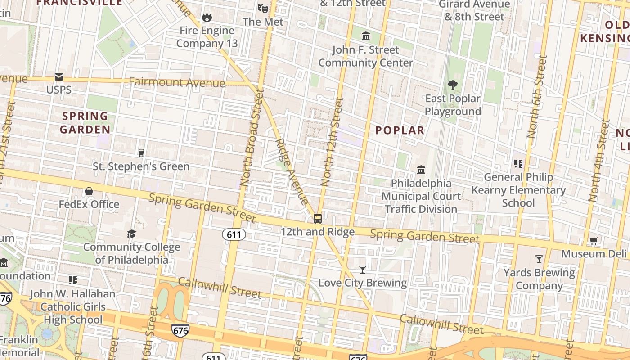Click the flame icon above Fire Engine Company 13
207,17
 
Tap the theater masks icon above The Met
263,8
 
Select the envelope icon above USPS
59,77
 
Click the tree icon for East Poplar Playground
453,85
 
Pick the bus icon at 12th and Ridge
318,219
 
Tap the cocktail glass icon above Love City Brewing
363,269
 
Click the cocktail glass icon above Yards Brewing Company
539,259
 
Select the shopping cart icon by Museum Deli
594,241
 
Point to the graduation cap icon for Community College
131,234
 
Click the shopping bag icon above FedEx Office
89,191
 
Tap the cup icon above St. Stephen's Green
141,153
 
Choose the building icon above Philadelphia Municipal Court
421,170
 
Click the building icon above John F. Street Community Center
366,36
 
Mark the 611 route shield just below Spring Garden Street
234,234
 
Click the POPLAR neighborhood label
400,130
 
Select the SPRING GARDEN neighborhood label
85,123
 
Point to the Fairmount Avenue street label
177,82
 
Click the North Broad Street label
251,138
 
